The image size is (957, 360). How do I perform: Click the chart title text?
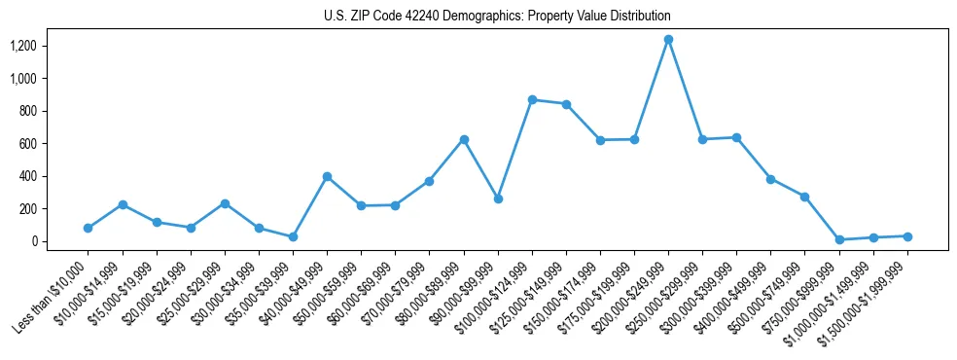pyautogui.click(x=497, y=17)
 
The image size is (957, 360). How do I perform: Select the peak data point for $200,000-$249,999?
pyautogui.click(x=668, y=40)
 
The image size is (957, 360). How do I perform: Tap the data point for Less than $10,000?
pyautogui.click(x=88, y=228)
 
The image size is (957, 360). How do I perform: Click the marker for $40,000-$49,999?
pyautogui.click(x=327, y=176)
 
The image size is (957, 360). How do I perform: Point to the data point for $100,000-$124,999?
pyautogui.click(x=532, y=99)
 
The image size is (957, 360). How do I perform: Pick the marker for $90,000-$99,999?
pyautogui.click(x=498, y=198)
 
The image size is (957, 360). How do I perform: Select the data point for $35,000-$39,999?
pyautogui.click(x=293, y=237)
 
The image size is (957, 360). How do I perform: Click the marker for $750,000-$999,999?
pyautogui.click(x=839, y=239)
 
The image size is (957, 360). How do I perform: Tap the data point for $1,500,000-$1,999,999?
pyautogui.click(x=907, y=236)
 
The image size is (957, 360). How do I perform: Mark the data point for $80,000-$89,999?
pyautogui.click(x=464, y=139)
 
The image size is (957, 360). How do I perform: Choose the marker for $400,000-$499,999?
pyautogui.click(x=770, y=179)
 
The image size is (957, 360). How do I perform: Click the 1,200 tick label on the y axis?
pyautogui.click(x=23, y=46)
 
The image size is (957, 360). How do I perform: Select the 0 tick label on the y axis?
pyautogui.click(x=33, y=241)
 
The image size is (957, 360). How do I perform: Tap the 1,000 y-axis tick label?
pyautogui.click(x=23, y=79)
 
